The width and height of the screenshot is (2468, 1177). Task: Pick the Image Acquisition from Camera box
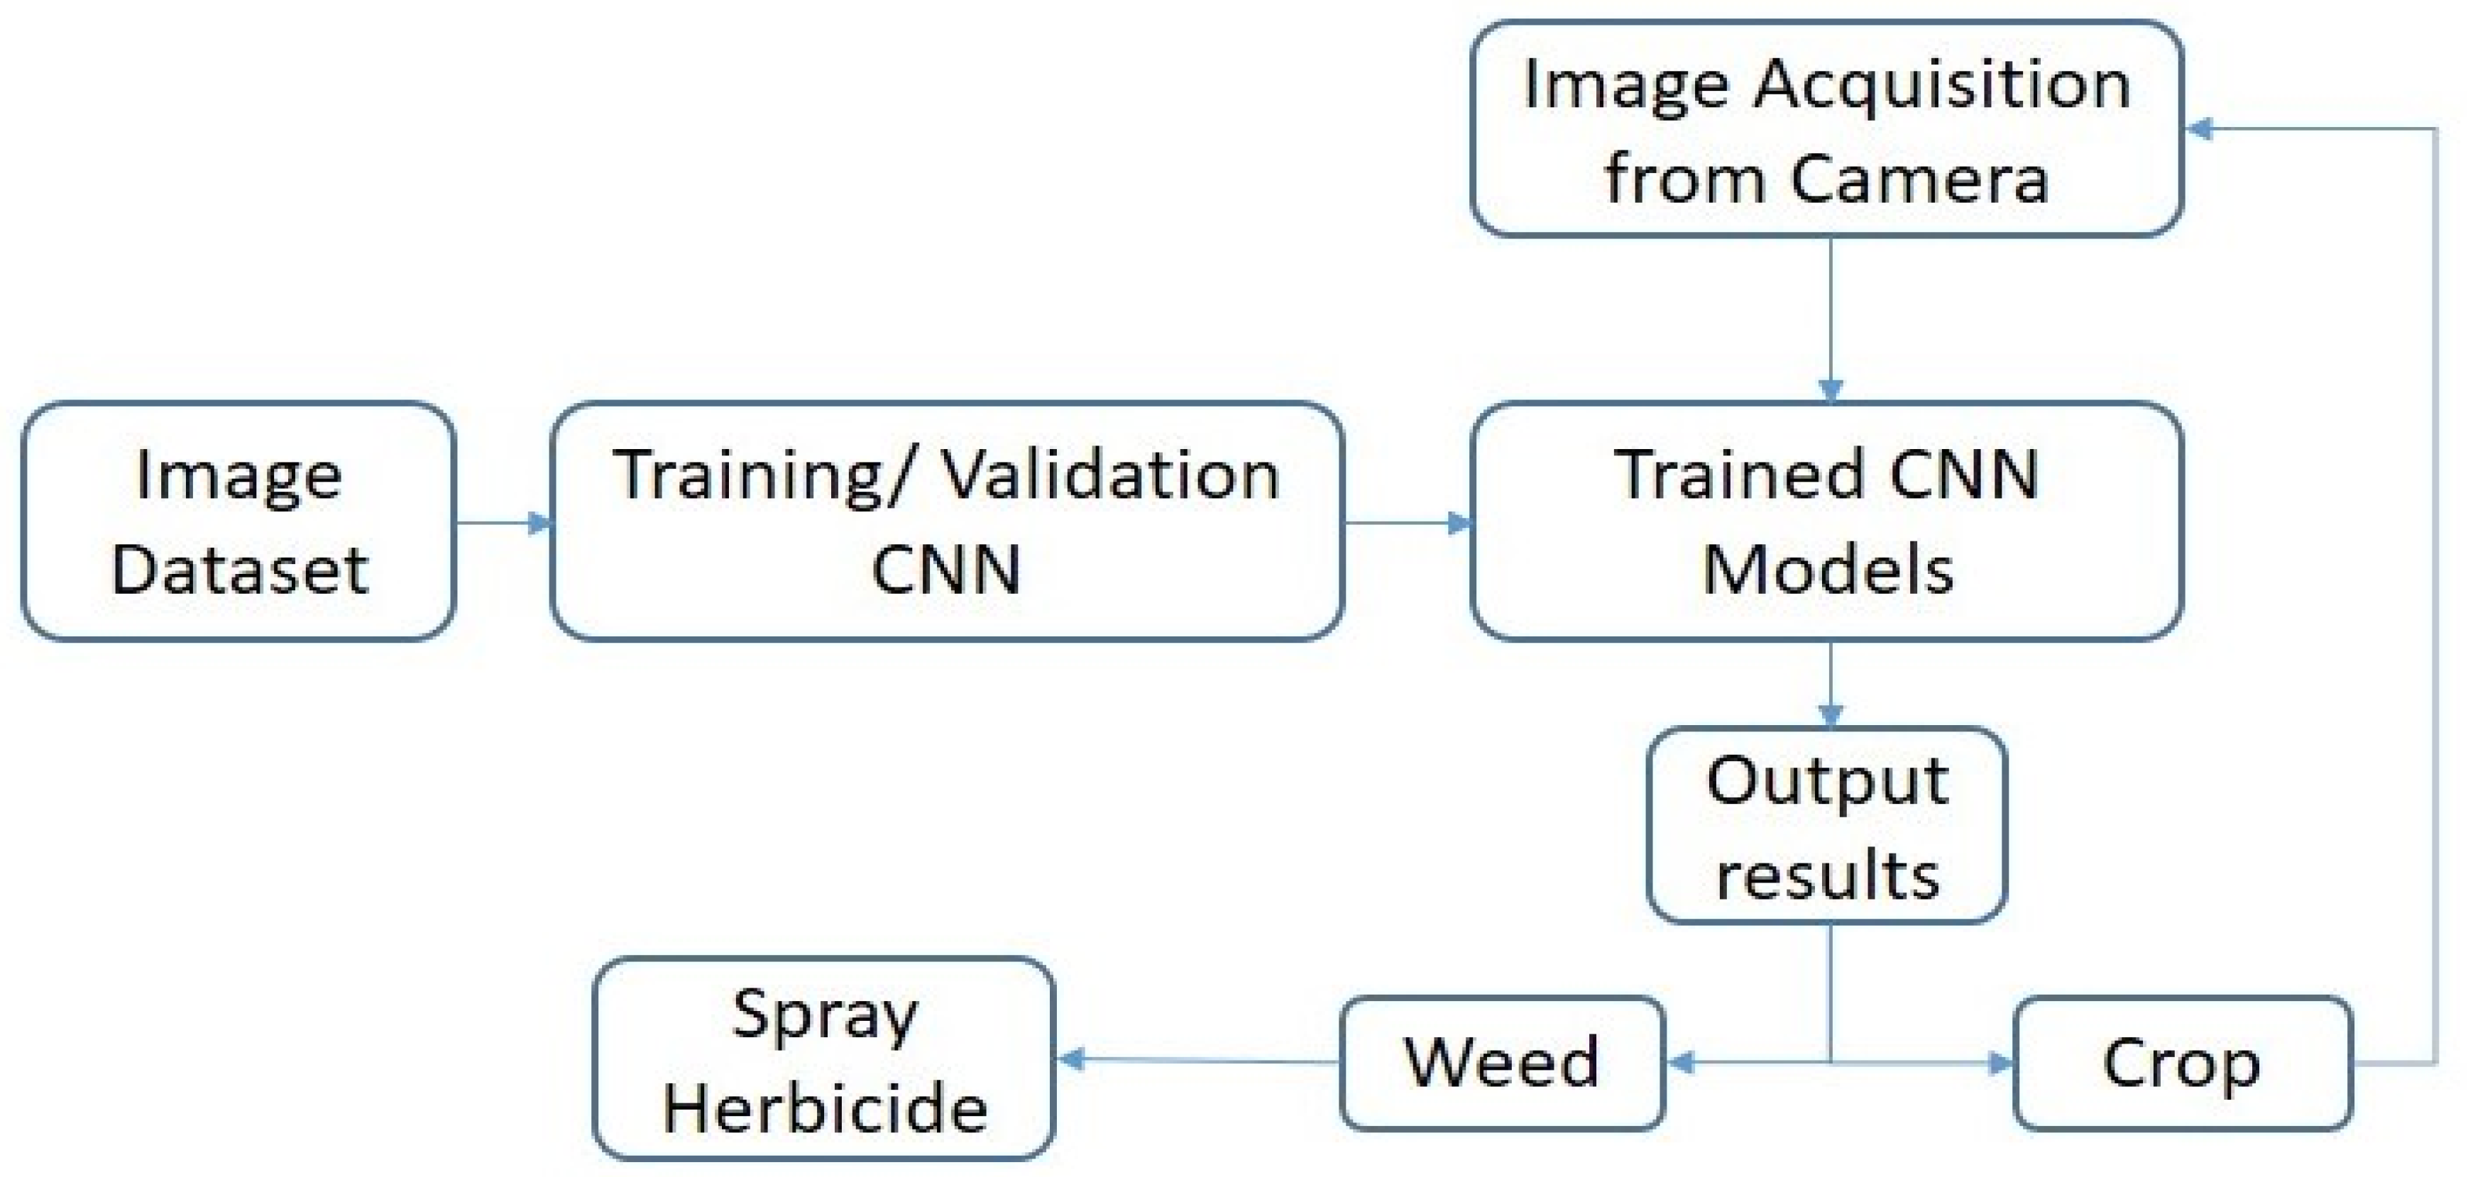pos(1826,129)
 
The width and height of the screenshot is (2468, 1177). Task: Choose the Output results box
pos(1826,826)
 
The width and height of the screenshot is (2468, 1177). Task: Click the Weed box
pos(1501,1062)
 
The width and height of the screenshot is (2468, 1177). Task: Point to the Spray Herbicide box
pos(824,1059)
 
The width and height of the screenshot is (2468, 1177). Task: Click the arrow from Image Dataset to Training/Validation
pos(503,522)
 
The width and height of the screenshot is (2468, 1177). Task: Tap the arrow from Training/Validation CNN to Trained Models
pos(1406,522)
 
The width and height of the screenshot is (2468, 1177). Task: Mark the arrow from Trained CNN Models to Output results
pos(1830,685)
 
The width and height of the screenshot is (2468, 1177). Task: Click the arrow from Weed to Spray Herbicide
pos(1197,1059)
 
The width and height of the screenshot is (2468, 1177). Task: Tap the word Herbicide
pos(825,1109)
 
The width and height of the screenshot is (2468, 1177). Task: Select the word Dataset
pos(239,570)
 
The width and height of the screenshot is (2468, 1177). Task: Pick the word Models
pos(1828,570)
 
